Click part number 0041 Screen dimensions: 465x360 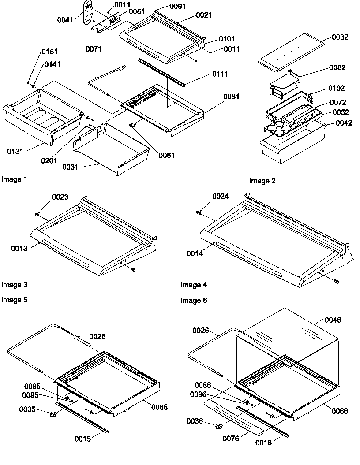[x=65, y=20]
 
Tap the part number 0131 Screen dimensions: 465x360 [x=15, y=152]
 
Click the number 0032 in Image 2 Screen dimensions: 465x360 [x=340, y=37]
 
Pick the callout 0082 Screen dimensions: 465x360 [x=337, y=67]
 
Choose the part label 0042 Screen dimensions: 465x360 [x=343, y=123]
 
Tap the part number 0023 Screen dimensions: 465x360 [x=60, y=197]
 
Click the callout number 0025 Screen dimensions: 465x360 [x=97, y=336]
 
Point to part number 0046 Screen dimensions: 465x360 [x=333, y=320]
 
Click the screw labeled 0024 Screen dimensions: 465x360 [x=199, y=212]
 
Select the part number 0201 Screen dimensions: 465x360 [x=49, y=160]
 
